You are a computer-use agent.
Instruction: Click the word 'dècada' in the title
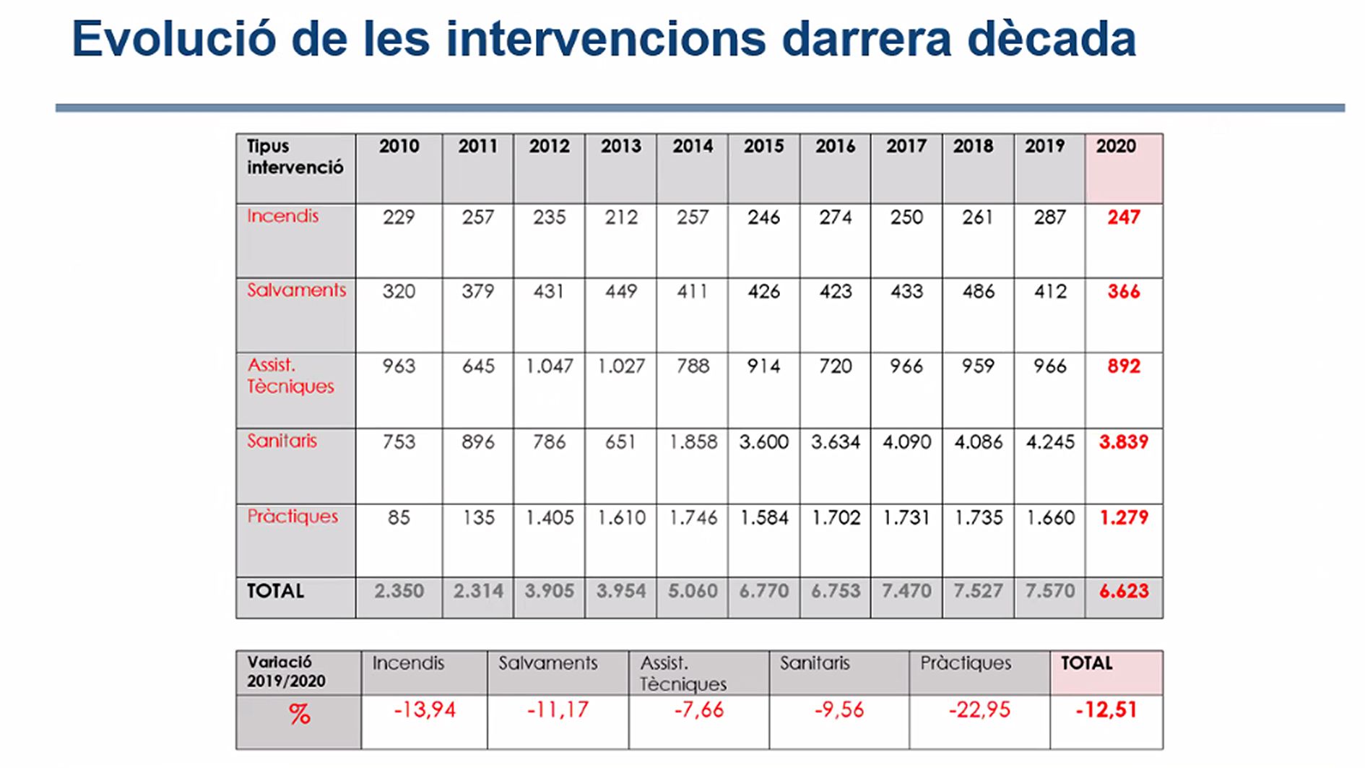[1052, 39]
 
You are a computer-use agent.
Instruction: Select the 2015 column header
[763, 146]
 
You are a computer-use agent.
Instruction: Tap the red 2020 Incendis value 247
[1123, 217]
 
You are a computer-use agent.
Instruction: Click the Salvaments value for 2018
[978, 292]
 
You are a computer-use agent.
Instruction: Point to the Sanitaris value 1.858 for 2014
[693, 442]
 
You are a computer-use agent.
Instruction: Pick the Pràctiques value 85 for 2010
[399, 518]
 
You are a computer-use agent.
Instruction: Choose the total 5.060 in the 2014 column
[693, 591]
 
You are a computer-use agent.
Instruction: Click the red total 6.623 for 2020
[1123, 591]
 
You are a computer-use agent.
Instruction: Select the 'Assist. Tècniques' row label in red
[290, 376]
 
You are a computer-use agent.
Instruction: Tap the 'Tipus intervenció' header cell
[295, 157]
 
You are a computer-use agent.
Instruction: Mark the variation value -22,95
[979, 710]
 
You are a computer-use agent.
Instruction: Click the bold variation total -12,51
[1106, 710]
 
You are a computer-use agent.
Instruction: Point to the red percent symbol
[299, 715]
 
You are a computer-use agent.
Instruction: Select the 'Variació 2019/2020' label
[286, 671]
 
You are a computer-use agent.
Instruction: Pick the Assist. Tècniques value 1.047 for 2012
[549, 366]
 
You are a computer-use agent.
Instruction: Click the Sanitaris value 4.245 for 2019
[1049, 442]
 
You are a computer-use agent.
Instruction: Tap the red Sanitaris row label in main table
[282, 441]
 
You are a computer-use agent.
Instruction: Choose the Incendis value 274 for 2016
[835, 217]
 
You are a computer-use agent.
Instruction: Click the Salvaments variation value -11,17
[558, 710]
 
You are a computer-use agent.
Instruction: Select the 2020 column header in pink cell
[1116, 146]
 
